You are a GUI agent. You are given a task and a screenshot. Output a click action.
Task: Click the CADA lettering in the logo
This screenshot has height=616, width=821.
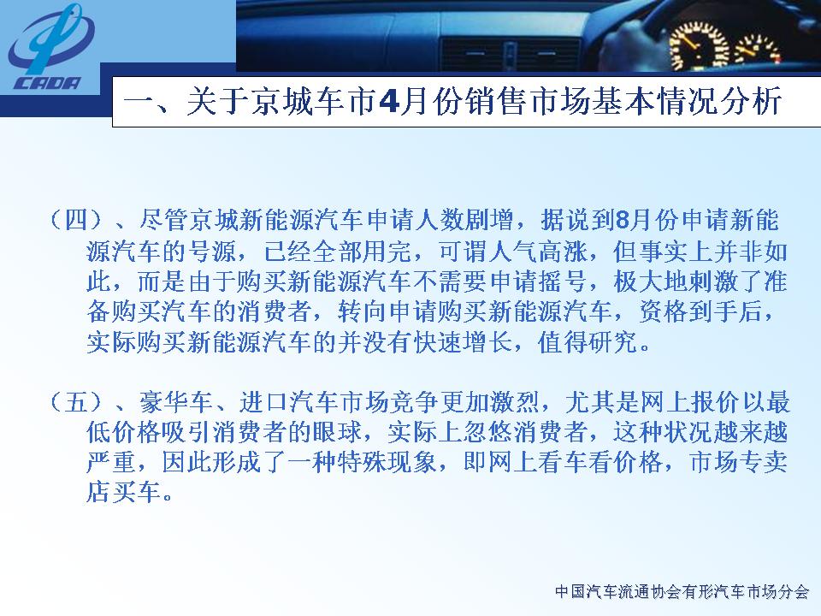[x=47, y=83]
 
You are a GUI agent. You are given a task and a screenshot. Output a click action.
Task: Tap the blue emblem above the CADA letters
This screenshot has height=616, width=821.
[x=50, y=39]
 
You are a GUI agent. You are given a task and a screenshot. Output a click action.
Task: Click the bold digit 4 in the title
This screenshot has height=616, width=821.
[x=388, y=101]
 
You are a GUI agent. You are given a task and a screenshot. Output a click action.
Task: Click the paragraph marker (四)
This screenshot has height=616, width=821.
[x=75, y=220]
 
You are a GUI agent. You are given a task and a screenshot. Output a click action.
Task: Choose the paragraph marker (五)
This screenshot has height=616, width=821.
[x=75, y=402]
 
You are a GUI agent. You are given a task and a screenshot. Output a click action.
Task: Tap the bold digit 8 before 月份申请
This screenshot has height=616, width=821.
[x=622, y=221]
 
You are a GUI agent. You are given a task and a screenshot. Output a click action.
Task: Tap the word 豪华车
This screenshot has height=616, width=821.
[x=176, y=402]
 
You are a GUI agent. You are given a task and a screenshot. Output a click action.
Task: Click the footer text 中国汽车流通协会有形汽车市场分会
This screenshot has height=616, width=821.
[x=682, y=592]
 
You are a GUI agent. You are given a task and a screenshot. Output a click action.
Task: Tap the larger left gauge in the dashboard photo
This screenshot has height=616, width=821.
[x=699, y=46]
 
